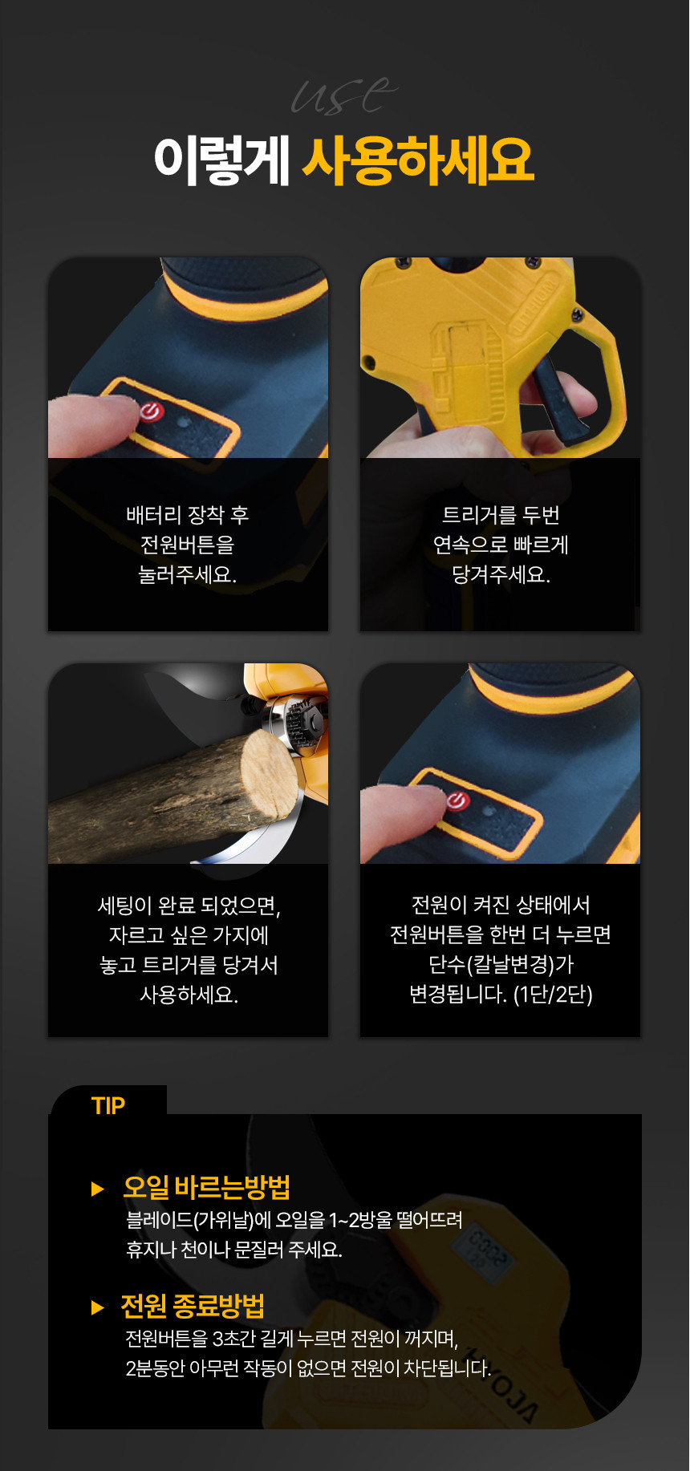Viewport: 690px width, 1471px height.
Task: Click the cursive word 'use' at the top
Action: [x=344, y=95]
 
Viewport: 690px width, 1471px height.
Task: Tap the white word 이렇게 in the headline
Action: [x=221, y=160]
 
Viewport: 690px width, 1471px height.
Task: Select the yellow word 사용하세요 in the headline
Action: [x=418, y=160]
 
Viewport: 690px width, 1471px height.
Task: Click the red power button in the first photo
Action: [x=151, y=411]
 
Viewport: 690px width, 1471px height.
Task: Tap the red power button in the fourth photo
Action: [x=457, y=800]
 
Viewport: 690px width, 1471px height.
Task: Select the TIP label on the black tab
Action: [x=108, y=1105]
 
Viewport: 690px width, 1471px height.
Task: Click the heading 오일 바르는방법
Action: [x=206, y=1187]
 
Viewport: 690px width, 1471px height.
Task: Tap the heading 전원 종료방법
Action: [x=193, y=1306]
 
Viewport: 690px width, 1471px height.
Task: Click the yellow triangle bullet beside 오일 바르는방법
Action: [x=98, y=1189]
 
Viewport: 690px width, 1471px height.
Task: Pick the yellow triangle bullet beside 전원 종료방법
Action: [x=98, y=1307]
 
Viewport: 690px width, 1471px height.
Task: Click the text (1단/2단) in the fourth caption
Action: [x=553, y=995]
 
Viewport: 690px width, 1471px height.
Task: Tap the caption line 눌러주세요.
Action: [x=188, y=574]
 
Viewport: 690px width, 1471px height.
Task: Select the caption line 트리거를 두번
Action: [x=501, y=515]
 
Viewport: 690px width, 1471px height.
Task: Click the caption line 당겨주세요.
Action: [x=501, y=574]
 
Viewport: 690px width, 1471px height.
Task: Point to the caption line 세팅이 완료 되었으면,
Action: [x=189, y=906]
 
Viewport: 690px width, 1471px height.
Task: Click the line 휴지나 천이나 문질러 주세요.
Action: [x=234, y=1250]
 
